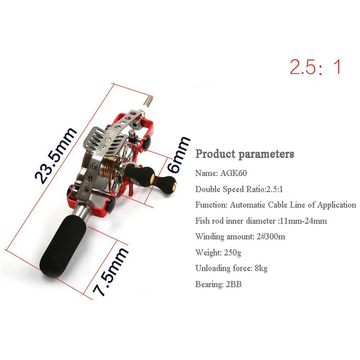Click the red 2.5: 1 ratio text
tap(316, 67)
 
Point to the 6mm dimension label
tap(178, 154)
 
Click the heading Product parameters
tap(244, 154)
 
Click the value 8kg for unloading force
tap(261, 268)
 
